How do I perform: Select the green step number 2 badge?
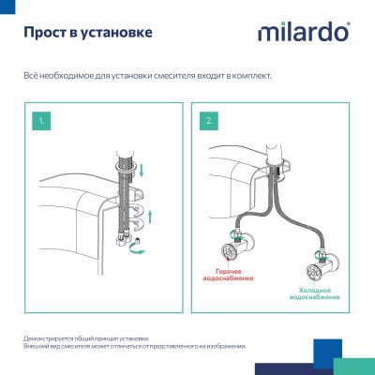click(x=208, y=122)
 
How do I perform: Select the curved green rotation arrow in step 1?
click(x=140, y=246)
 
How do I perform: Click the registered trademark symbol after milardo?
click(x=349, y=26)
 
